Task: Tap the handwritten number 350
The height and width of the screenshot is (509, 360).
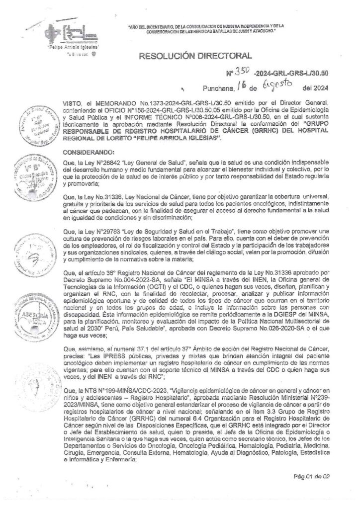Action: click(243, 73)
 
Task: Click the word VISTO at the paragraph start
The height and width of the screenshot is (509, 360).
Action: click(73, 100)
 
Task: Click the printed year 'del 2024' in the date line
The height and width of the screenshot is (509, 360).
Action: click(321, 88)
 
